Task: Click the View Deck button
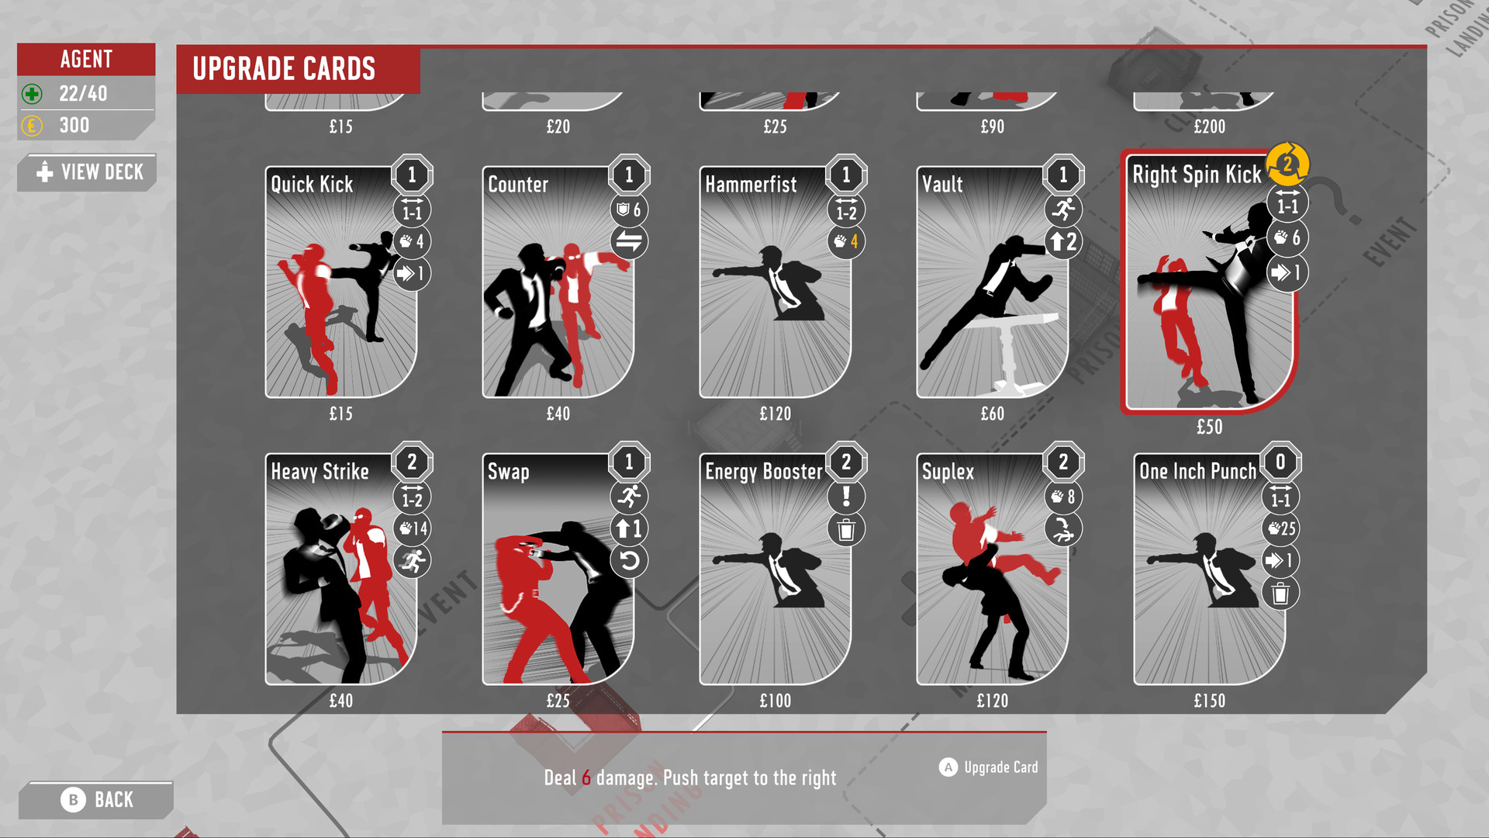(88, 172)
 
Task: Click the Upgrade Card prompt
(989, 767)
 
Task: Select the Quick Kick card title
(312, 185)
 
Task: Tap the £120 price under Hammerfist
(775, 414)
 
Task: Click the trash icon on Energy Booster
(846, 530)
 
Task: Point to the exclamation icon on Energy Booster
(846, 497)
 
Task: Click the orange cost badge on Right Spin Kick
(1287, 164)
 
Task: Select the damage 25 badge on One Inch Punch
(1281, 529)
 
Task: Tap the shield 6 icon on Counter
(628, 209)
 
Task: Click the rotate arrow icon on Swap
(629, 561)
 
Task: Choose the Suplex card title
(948, 472)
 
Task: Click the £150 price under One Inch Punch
(1209, 701)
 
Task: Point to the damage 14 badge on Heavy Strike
(413, 529)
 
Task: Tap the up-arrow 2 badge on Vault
(1063, 242)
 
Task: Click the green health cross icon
(32, 95)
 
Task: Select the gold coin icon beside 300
(32, 126)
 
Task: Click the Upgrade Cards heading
(284, 69)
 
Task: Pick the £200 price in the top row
(1209, 126)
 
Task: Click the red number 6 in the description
(586, 777)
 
